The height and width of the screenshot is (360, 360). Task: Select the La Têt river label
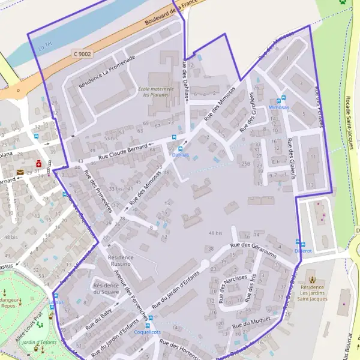click(x=45, y=44)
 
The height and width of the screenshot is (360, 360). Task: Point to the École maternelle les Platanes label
click(x=156, y=92)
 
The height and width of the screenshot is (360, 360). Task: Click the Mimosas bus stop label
click(x=278, y=107)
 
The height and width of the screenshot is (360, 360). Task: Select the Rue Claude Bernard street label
click(x=120, y=152)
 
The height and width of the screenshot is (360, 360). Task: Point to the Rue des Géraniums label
click(x=253, y=249)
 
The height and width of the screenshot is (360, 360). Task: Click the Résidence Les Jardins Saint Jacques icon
click(x=311, y=279)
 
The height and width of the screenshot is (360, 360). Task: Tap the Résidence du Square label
click(x=106, y=289)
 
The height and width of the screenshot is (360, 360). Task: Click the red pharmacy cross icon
click(x=39, y=163)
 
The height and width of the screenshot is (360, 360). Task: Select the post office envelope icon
click(x=20, y=172)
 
